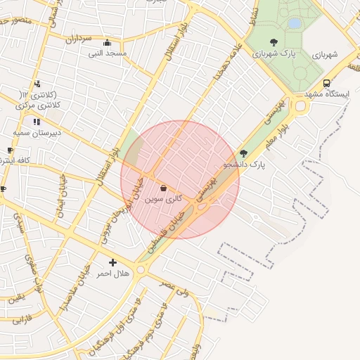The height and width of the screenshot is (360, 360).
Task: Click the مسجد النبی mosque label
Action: point(108,53)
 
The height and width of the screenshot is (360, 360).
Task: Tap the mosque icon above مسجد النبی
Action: point(107,42)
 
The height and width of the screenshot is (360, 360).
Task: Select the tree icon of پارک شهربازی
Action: point(274,42)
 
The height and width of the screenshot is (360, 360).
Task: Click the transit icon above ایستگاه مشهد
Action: point(326,83)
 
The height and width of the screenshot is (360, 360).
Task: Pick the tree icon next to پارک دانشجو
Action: point(244,153)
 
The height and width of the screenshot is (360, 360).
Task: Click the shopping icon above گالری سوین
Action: point(164,188)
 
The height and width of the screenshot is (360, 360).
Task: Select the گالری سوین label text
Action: point(164,200)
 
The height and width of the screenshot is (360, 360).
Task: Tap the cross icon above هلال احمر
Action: point(112,262)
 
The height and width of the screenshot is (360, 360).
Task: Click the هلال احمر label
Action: point(112,273)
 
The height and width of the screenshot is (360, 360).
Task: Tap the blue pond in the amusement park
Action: point(294,23)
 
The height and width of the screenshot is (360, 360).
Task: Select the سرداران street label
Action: point(79,39)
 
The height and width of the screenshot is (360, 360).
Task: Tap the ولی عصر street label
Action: point(175,288)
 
